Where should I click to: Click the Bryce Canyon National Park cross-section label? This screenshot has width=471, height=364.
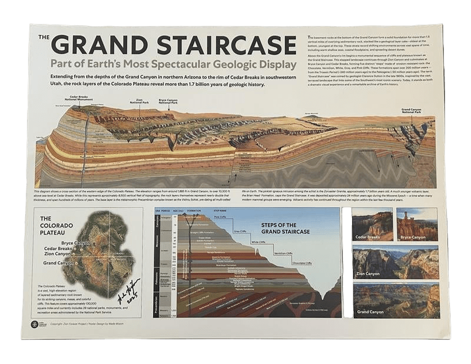(x=168, y=101)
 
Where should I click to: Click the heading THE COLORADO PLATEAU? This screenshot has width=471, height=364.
(x=57, y=223)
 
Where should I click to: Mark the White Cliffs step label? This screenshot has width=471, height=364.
(x=259, y=242)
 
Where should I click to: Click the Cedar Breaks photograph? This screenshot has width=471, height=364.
(x=372, y=224)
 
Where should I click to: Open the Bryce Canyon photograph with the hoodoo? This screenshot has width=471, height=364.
(x=417, y=224)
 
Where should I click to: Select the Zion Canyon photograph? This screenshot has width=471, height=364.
(x=395, y=262)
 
